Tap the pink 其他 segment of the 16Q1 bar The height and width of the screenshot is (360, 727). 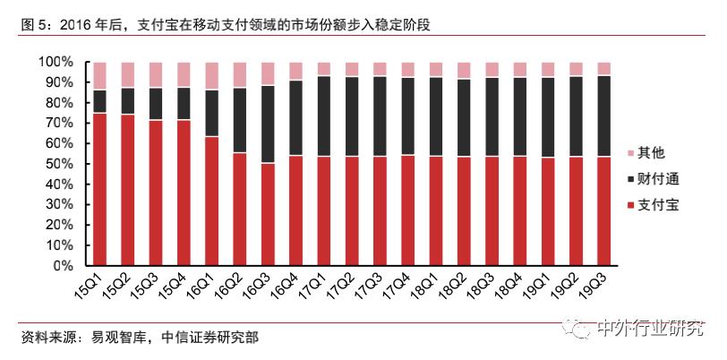tap(211, 75)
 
